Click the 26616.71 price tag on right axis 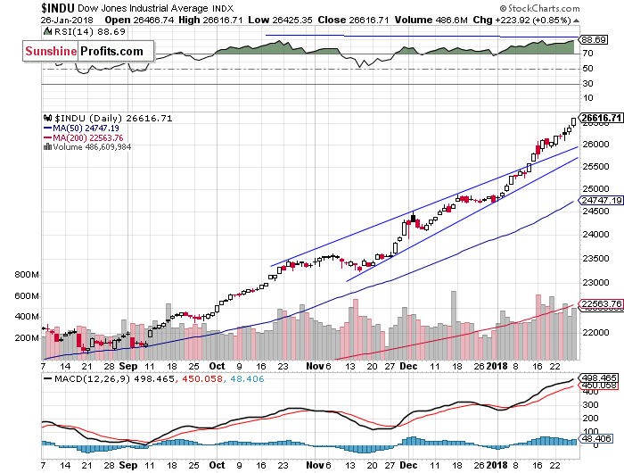pos(600,117)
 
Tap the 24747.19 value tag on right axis pos(600,202)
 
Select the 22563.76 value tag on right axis pos(600,303)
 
